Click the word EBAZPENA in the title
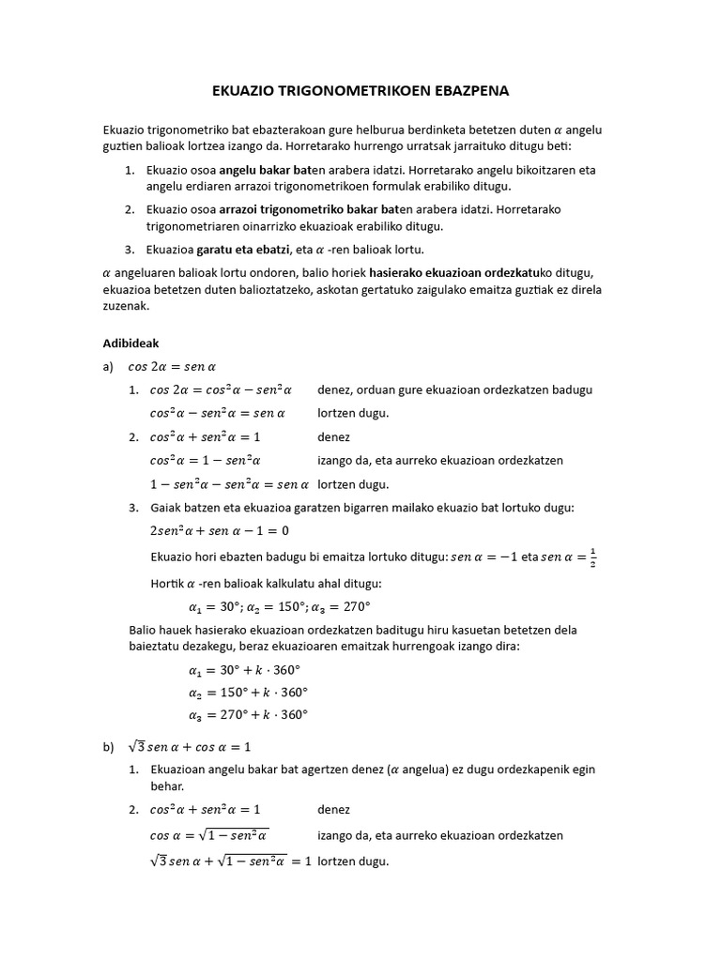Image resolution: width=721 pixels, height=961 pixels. click(x=464, y=92)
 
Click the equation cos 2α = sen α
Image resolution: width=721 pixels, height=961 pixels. click(x=172, y=367)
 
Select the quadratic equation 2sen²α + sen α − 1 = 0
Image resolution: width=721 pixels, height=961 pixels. click(x=220, y=530)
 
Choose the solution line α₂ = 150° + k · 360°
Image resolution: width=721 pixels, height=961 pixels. click(x=248, y=693)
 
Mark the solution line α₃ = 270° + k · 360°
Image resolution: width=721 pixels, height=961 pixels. click(x=248, y=715)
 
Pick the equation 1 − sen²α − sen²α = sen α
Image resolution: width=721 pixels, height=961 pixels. click(x=229, y=485)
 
